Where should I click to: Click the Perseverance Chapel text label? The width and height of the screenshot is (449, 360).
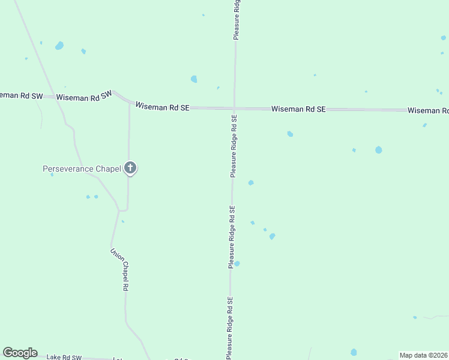82,169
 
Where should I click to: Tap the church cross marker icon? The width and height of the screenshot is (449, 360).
130,168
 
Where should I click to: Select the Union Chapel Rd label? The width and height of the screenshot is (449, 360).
119,270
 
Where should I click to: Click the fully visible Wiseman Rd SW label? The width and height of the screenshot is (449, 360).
84,97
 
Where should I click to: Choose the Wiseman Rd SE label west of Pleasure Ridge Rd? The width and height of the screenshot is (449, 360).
162,107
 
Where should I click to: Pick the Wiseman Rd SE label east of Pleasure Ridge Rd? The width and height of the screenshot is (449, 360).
298,109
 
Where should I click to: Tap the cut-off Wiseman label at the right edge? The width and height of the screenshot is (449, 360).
428,110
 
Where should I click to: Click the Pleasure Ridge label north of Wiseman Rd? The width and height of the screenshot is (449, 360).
237,20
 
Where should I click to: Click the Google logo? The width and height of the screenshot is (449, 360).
20,353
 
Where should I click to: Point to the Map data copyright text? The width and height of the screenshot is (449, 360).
424,355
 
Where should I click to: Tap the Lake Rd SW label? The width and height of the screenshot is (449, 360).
64,357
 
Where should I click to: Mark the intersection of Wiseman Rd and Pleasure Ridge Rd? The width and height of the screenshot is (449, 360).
234,109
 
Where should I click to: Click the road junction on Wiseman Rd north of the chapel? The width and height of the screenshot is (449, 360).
129,103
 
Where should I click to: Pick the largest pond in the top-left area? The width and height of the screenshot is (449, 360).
59,46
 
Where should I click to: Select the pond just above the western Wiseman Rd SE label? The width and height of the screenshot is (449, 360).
194,79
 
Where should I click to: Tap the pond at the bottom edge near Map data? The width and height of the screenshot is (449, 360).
354,352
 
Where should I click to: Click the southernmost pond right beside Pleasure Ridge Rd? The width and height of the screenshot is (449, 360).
237,263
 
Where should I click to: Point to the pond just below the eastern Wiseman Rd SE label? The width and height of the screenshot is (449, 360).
290,134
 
